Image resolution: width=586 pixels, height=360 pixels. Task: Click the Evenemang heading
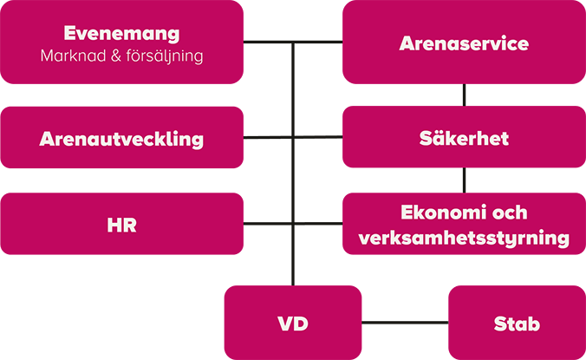click(121, 35)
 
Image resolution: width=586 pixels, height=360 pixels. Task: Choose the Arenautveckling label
click(121, 139)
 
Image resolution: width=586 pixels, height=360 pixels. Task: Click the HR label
click(122, 226)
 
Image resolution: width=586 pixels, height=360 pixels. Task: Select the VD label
click(293, 324)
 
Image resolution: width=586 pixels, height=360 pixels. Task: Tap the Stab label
click(517, 324)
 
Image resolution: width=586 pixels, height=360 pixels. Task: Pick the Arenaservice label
click(464, 43)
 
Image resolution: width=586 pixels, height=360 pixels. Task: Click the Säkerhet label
click(464, 139)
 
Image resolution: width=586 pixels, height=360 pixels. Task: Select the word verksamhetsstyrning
click(464, 238)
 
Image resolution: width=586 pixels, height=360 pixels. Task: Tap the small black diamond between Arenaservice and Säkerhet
click(464, 94)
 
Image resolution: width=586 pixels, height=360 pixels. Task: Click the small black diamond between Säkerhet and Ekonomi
click(464, 180)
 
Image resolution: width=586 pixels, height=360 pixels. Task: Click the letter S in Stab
click(498, 324)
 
